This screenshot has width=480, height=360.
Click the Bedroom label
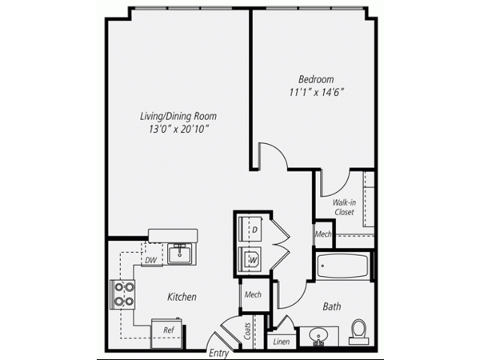tap(316, 79)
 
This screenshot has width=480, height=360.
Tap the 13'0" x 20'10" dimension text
tap(178, 129)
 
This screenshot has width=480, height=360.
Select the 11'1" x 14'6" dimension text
tap(317, 92)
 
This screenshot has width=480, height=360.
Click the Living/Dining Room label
tap(178, 116)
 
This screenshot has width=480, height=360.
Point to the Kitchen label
tap(182, 297)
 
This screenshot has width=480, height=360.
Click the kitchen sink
tap(179, 254)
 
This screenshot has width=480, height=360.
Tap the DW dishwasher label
tap(151, 261)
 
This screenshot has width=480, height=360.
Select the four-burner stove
tap(122, 294)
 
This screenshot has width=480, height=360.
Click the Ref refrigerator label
tap(169, 330)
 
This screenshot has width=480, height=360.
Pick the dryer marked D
tap(250, 230)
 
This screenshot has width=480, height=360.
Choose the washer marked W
tap(250, 259)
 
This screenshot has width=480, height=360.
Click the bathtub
tap(342, 266)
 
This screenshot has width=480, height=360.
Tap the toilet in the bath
tap(358, 332)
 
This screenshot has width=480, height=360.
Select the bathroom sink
tap(319, 337)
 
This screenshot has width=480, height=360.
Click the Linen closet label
tap(282, 342)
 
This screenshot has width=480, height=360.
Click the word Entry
tap(218, 354)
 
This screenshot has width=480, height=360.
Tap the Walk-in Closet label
tap(344, 207)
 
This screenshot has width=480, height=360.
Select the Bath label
tap(332, 306)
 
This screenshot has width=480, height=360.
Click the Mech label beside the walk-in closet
tap(323, 234)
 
